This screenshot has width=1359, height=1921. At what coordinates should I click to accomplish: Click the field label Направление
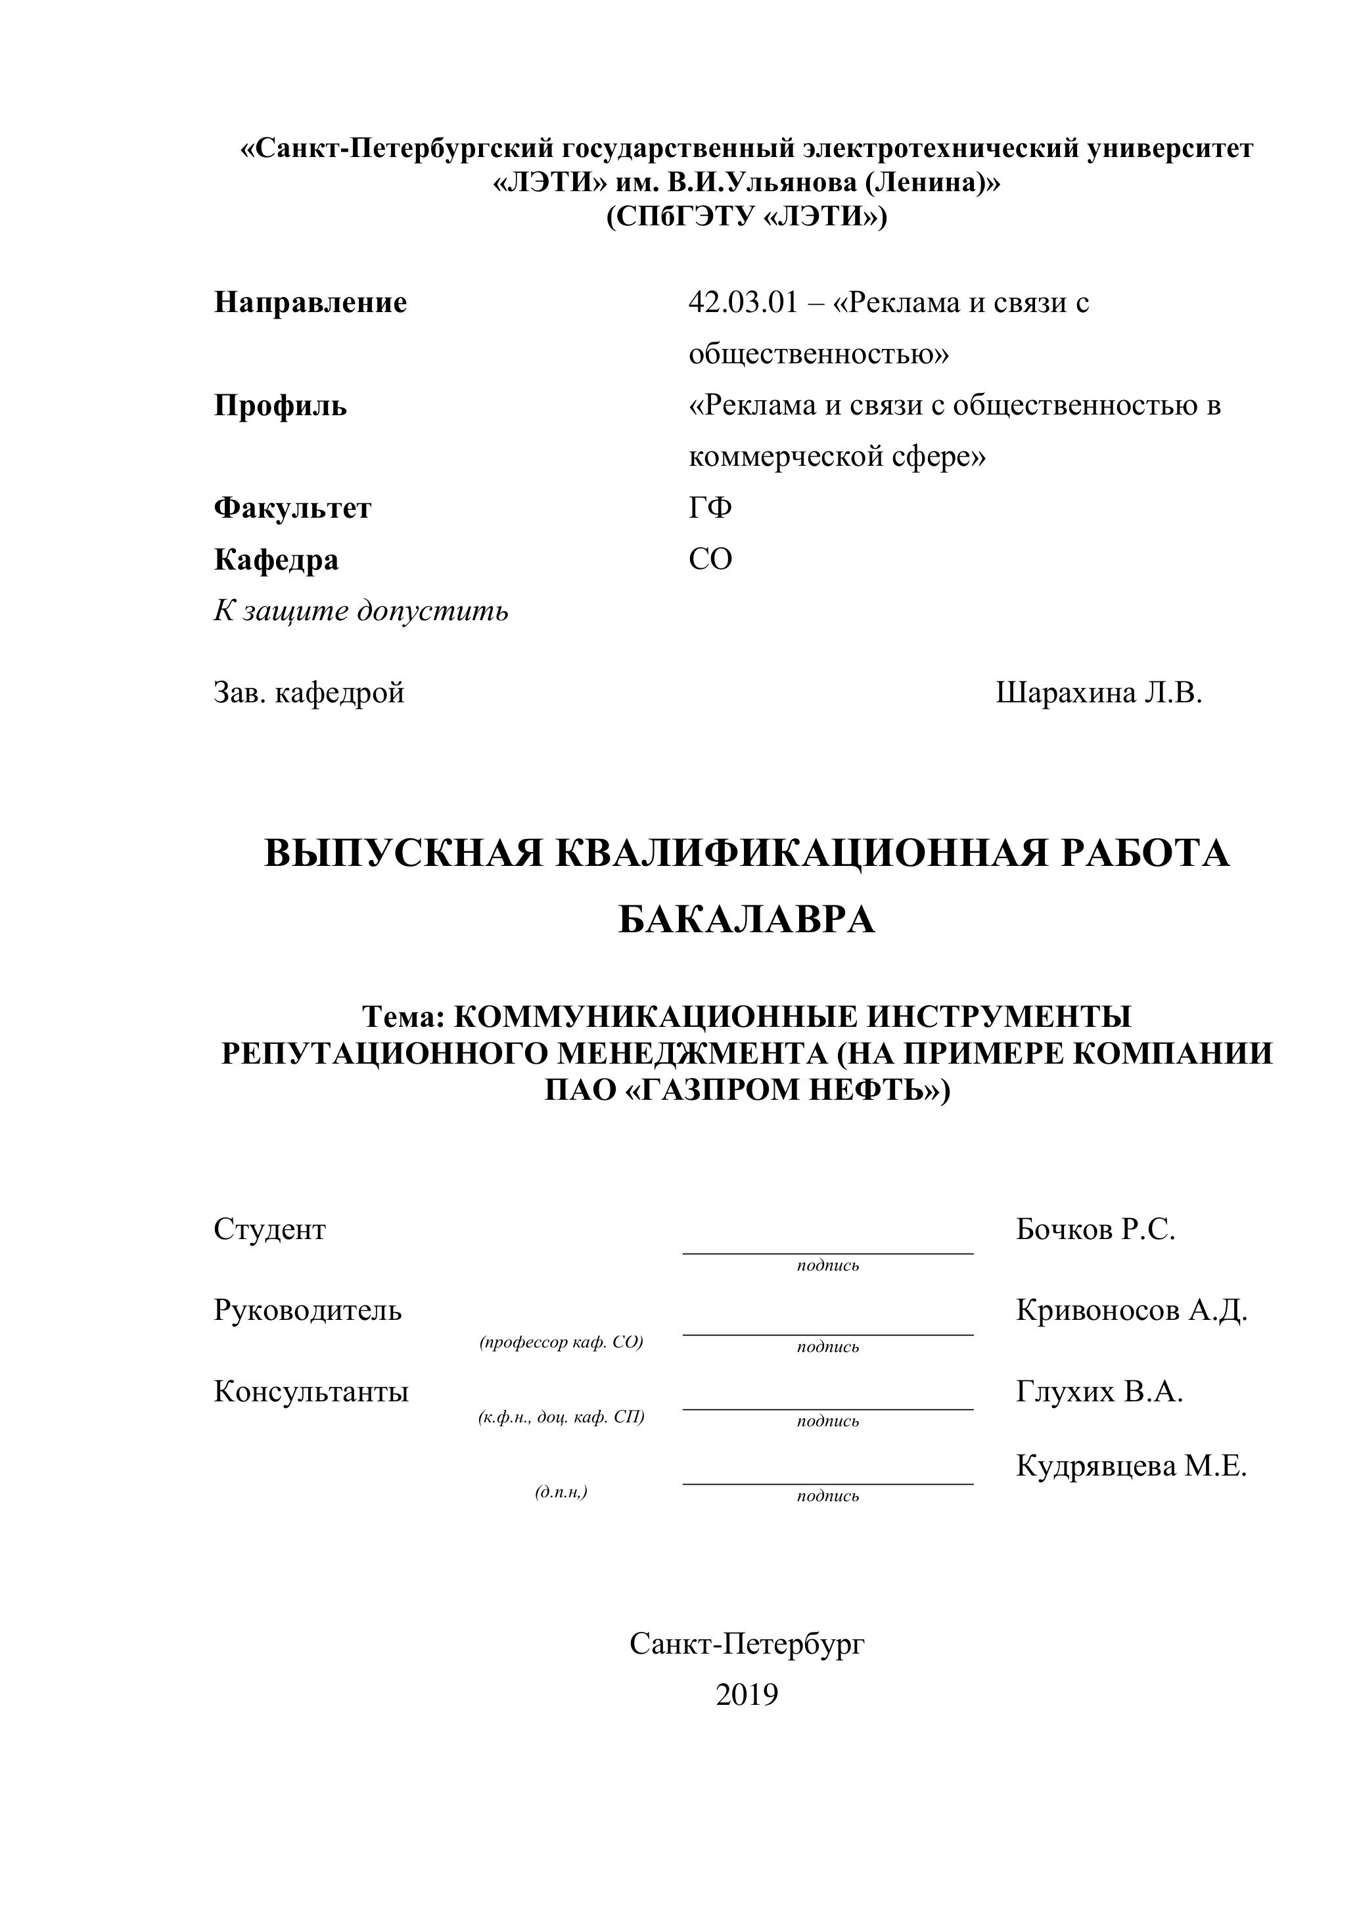[x=310, y=302]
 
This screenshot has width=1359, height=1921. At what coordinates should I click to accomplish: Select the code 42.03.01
[x=744, y=302]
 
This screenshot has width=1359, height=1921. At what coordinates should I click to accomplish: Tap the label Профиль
[x=281, y=406]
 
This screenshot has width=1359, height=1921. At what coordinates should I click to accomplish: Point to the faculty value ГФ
[x=710, y=508]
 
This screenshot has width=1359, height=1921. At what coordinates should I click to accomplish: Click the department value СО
[x=710, y=559]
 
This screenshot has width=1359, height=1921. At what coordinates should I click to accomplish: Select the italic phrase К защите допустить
[x=361, y=611]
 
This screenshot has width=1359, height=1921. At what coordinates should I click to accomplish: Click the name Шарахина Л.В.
[x=1099, y=692]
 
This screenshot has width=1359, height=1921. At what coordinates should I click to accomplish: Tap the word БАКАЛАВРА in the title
[x=747, y=920]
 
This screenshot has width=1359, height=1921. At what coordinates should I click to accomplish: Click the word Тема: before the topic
[x=403, y=1016]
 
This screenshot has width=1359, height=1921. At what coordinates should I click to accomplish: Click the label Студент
[x=269, y=1229]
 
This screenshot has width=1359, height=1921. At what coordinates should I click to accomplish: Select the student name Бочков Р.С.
[x=1095, y=1229]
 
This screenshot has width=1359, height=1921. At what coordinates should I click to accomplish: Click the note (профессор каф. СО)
[x=561, y=1342]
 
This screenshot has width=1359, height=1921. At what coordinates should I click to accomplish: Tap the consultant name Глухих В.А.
[x=1099, y=1391]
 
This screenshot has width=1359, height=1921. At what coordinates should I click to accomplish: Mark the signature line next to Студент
[x=827, y=1252]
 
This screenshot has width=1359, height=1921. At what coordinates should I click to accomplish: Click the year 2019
[x=747, y=1694]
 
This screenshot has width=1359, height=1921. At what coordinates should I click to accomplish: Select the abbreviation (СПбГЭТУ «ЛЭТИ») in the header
[x=747, y=217]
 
